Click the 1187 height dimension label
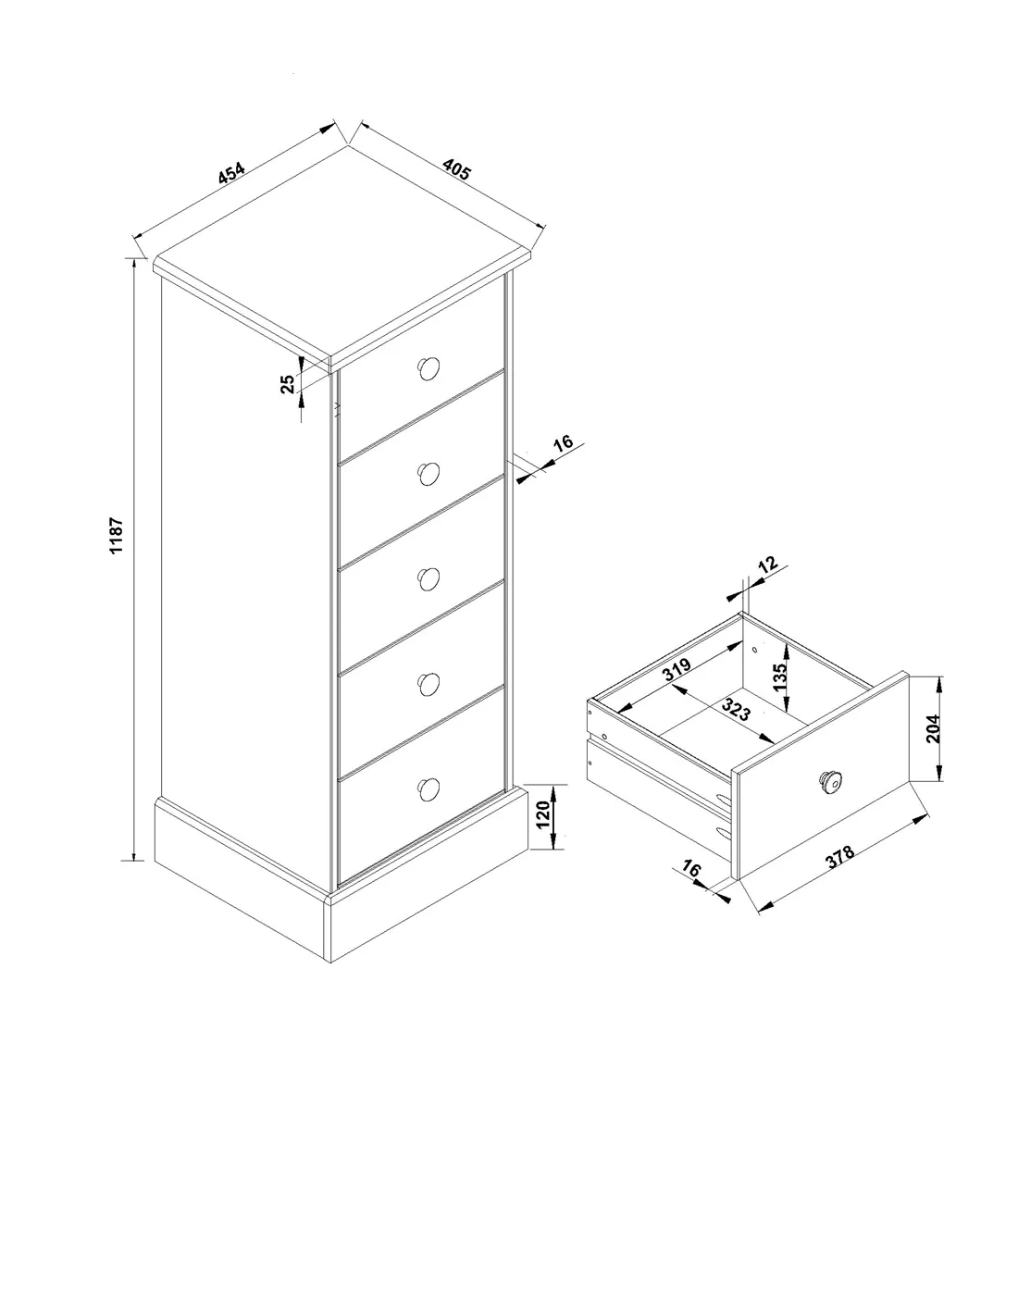click(x=116, y=534)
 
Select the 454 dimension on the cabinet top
click(x=231, y=173)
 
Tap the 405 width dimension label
click(x=455, y=169)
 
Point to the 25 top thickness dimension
click(x=288, y=383)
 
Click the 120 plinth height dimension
click(x=543, y=814)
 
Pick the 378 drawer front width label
click(x=840, y=856)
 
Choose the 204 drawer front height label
click(x=933, y=728)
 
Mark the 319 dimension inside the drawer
click(x=677, y=669)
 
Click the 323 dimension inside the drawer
click(x=736, y=709)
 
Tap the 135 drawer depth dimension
click(x=780, y=677)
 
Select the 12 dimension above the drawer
click(x=767, y=565)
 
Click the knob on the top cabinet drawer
click(x=428, y=368)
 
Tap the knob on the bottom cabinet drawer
click(x=428, y=789)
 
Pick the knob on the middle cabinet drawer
click(x=428, y=579)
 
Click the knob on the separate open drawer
click(x=830, y=781)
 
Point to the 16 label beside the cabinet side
click(x=564, y=442)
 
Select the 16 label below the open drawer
click(x=691, y=869)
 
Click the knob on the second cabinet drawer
click(x=428, y=474)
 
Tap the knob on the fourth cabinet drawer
click(x=428, y=684)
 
